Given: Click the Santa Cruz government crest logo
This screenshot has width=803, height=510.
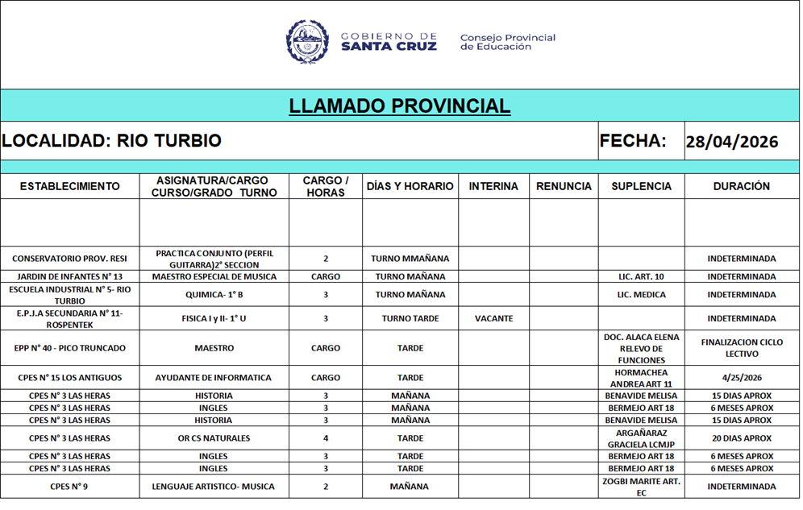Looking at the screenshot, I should click(x=307, y=42).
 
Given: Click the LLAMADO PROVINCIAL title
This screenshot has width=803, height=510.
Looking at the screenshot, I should click(x=400, y=106).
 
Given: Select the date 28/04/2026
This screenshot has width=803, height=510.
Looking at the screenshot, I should click(x=732, y=142).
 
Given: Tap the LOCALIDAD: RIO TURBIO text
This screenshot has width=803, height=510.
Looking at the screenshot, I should click(x=111, y=141).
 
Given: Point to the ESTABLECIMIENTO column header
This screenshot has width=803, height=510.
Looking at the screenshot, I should click(x=69, y=186).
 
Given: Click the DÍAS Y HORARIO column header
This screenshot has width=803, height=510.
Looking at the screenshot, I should click(x=410, y=186).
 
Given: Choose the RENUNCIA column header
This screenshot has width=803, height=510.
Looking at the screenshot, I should click(x=564, y=186).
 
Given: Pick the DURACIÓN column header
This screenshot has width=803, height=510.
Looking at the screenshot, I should click(x=741, y=186).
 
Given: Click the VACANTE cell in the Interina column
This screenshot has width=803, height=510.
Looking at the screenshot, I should click(x=493, y=318).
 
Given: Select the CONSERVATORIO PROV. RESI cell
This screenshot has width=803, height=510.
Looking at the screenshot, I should click(x=69, y=259).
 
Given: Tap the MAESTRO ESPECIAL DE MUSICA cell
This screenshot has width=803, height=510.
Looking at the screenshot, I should click(x=214, y=276).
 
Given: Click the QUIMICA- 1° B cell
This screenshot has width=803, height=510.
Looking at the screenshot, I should click(x=214, y=295).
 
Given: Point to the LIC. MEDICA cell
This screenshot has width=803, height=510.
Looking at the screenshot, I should click(x=641, y=295).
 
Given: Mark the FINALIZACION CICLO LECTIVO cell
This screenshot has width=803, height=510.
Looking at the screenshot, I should click(x=742, y=348).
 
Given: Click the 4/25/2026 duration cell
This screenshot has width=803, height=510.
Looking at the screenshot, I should click(x=742, y=377).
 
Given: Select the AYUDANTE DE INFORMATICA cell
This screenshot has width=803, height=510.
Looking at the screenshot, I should click(x=214, y=377).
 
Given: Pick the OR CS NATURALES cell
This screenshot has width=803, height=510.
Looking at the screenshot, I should click(x=214, y=438).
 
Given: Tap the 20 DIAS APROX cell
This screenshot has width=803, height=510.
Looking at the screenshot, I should click(x=742, y=438).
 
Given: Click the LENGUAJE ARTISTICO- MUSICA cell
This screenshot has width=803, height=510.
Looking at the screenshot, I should click(x=214, y=487).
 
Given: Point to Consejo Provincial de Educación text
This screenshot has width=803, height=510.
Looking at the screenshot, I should click(x=507, y=42).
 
